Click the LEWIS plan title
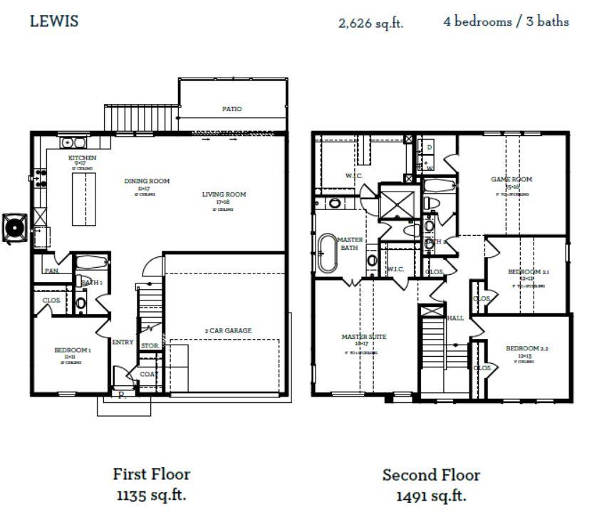tap(54, 21)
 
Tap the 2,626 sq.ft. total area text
tap(370, 23)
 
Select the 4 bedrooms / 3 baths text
tap(506, 21)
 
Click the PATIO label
tap(232, 109)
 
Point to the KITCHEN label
tap(82, 157)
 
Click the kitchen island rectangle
tap(83, 199)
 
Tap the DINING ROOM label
tap(147, 181)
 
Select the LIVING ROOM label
tap(224, 194)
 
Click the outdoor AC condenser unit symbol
tap(15, 227)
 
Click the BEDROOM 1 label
tap(72, 350)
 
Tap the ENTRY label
tap(123, 343)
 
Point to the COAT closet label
tap(148, 374)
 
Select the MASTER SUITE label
tap(363, 337)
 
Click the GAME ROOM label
tap(511, 179)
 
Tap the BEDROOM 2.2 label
tap(527, 348)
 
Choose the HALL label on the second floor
tap(455, 318)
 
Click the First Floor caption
tap(151, 474)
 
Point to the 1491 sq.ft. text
tap(431, 496)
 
